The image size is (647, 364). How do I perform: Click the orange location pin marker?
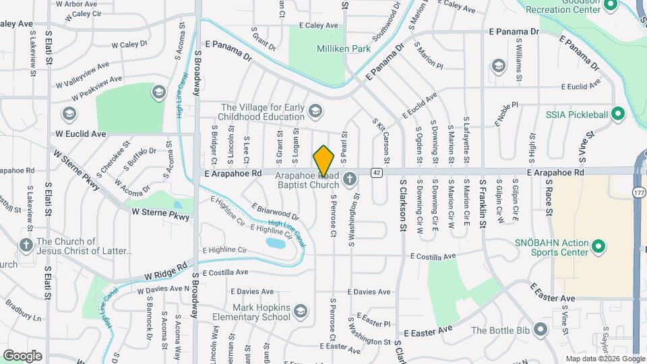[x=323, y=161]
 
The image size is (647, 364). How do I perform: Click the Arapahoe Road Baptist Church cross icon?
[x=349, y=179]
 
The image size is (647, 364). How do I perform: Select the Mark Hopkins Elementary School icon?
[x=301, y=311]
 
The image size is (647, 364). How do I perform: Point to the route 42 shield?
[x=376, y=173]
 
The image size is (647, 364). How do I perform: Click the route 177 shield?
[x=638, y=193]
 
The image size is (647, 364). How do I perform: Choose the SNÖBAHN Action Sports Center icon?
[x=598, y=248]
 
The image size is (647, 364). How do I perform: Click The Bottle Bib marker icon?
[x=540, y=330]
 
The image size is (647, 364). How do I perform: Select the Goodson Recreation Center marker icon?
[x=611, y=5]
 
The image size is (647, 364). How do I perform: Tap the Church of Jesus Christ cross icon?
[x=26, y=245]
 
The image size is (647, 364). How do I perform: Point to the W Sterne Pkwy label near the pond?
[x=160, y=212]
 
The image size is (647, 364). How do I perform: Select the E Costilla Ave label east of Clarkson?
[x=433, y=256]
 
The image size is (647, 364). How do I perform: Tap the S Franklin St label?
[x=483, y=201]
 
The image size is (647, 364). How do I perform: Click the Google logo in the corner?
[x=22, y=355]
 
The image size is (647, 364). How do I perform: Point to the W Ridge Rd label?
[x=164, y=272]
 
